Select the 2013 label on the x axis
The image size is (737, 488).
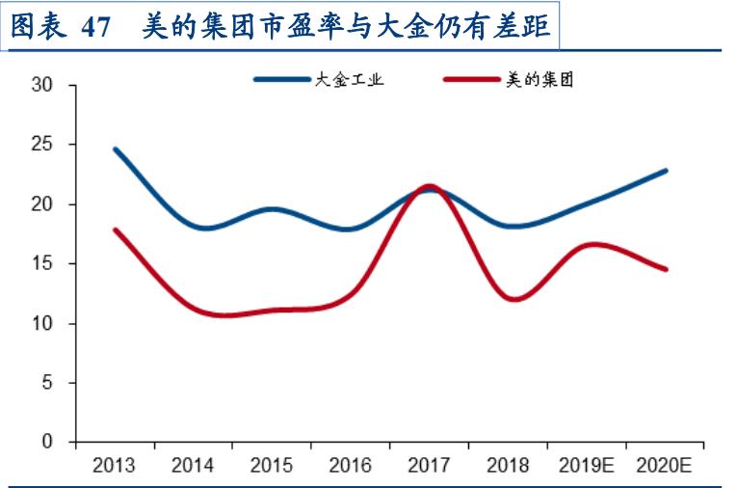pos(114,466)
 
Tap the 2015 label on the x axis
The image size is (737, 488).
pos(272,466)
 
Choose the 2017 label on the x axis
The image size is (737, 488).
pos(429,466)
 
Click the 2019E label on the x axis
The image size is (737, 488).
pos(586,466)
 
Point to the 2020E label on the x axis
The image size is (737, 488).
pos(665,466)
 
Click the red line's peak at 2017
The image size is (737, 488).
pos(429,186)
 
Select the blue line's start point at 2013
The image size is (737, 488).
pos(115,149)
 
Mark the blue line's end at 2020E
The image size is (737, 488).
pos(666,171)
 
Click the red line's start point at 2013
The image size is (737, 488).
pos(115,230)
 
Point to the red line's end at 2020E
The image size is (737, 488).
pos(666,269)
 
